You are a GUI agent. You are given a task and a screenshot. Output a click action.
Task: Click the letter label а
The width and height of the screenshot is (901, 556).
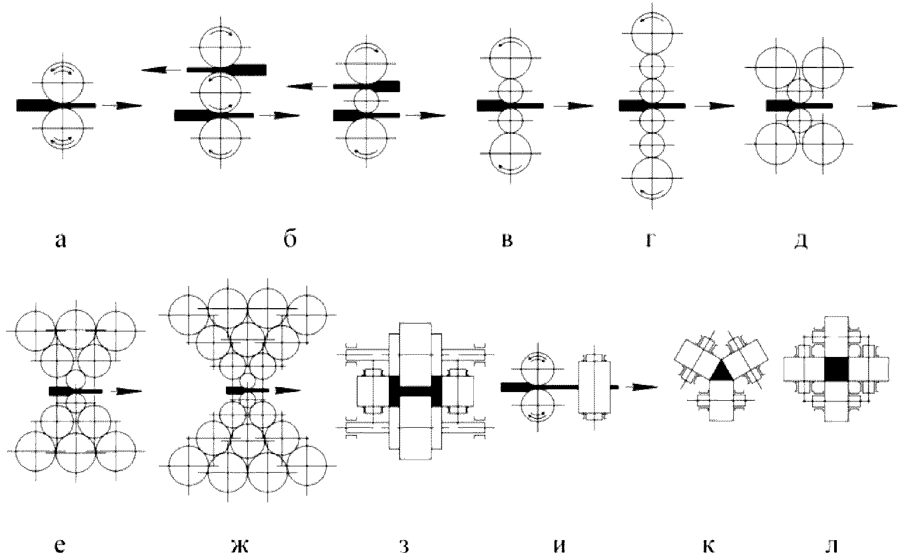click(x=61, y=240)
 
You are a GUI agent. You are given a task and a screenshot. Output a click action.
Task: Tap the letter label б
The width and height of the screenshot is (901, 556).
click(x=291, y=239)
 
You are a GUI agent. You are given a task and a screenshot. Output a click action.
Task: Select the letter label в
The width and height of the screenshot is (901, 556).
click(x=507, y=240)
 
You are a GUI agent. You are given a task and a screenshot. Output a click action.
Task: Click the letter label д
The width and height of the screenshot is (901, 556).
click(x=801, y=240)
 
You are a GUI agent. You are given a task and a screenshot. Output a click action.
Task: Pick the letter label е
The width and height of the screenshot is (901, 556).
click(x=61, y=546)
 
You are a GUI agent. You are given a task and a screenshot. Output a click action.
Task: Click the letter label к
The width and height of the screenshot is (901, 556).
click(x=708, y=546)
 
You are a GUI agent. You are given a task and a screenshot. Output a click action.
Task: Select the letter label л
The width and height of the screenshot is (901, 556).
click(x=832, y=546)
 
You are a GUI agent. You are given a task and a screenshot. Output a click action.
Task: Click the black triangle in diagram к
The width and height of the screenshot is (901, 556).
click(x=721, y=372)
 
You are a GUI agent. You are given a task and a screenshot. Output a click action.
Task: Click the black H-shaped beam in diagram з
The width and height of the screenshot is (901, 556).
click(x=415, y=391)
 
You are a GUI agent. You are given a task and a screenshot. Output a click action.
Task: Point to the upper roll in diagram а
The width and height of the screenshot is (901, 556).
click(x=63, y=82)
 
